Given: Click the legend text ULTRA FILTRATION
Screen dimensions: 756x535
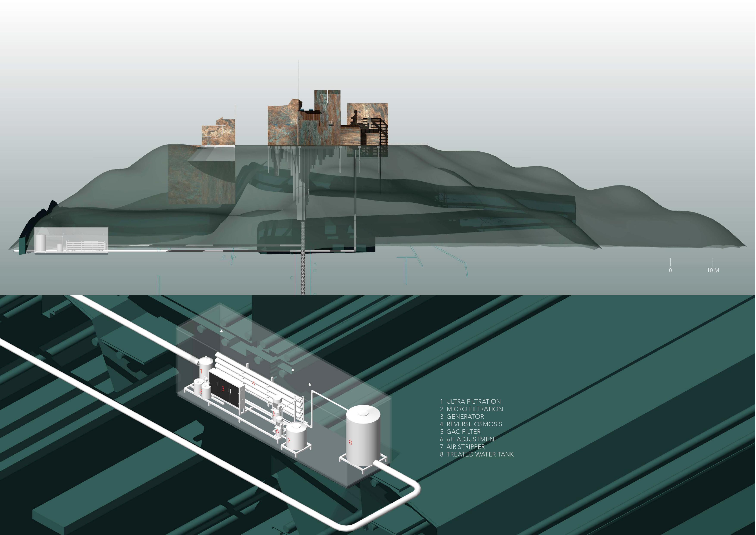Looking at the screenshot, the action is (x=473, y=401).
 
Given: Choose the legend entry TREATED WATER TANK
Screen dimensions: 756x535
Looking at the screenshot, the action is (x=480, y=454).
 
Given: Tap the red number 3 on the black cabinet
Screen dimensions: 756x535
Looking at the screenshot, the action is (x=223, y=389).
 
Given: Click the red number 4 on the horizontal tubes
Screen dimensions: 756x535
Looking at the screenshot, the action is (x=253, y=383).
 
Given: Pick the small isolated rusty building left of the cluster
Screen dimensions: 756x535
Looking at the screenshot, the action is (x=218, y=133).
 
